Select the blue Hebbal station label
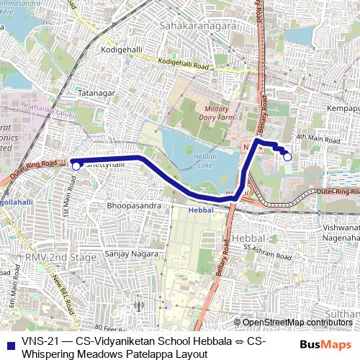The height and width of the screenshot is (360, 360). (201, 210)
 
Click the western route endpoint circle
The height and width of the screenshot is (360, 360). (76, 166)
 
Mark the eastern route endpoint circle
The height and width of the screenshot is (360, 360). (287, 156)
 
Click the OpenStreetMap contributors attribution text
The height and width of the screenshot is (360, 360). (295, 323)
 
